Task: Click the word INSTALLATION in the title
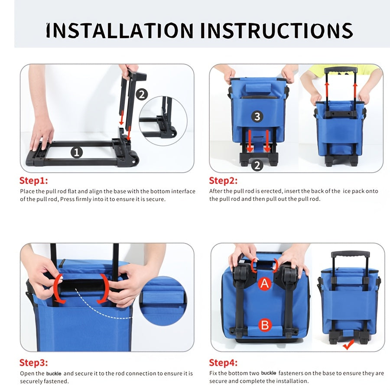(x=120, y=30)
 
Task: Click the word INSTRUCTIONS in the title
(x=276, y=30)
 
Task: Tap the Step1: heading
(x=33, y=181)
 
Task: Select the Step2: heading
(x=223, y=181)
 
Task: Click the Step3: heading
(x=33, y=363)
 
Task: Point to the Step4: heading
(x=223, y=363)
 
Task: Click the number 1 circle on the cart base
(x=77, y=152)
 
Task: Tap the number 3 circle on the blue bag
(x=257, y=117)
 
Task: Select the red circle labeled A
(x=264, y=283)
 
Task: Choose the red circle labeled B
(x=264, y=325)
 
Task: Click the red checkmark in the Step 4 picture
(x=348, y=344)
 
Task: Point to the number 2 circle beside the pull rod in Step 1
(x=142, y=94)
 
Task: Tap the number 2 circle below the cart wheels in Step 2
(x=257, y=165)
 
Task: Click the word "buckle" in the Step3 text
(x=54, y=374)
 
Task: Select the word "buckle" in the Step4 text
(x=269, y=373)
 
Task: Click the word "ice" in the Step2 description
(x=347, y=191)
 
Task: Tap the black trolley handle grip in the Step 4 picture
(x=350, y=254)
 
